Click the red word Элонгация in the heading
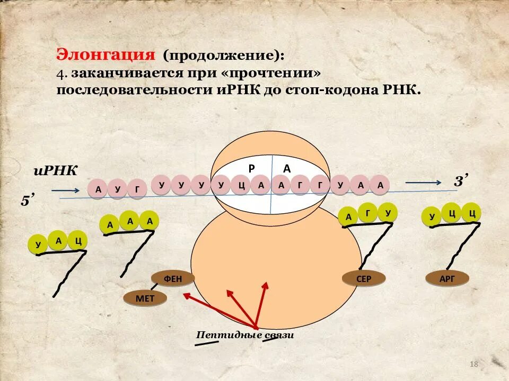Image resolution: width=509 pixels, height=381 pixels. [106, 55]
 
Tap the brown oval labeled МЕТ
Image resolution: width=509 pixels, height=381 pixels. [145, 298]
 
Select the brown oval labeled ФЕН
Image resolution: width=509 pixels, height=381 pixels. [173, 278]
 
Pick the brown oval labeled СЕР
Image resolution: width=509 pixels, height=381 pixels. [364, 278]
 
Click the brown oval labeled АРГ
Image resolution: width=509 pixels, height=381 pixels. [447, 278]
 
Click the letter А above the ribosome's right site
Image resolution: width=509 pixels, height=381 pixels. [287, 168]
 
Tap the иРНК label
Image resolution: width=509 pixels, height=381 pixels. [55, 170]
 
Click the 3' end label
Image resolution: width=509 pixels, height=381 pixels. [460, 182]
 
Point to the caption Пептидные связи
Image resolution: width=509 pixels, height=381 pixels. [245, 335]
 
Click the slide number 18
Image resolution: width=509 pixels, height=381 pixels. [474, 364]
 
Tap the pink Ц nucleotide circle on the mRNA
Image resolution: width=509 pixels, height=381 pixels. [241, 185]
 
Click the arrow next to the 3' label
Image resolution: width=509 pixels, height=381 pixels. [423, 183]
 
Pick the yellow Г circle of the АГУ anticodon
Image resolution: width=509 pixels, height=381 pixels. [368, 213]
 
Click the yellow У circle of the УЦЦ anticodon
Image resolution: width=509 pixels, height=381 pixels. [432, 216]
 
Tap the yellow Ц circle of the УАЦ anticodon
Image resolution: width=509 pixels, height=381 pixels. [78, 241]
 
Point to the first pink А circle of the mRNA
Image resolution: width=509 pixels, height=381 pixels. [98, 189]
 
